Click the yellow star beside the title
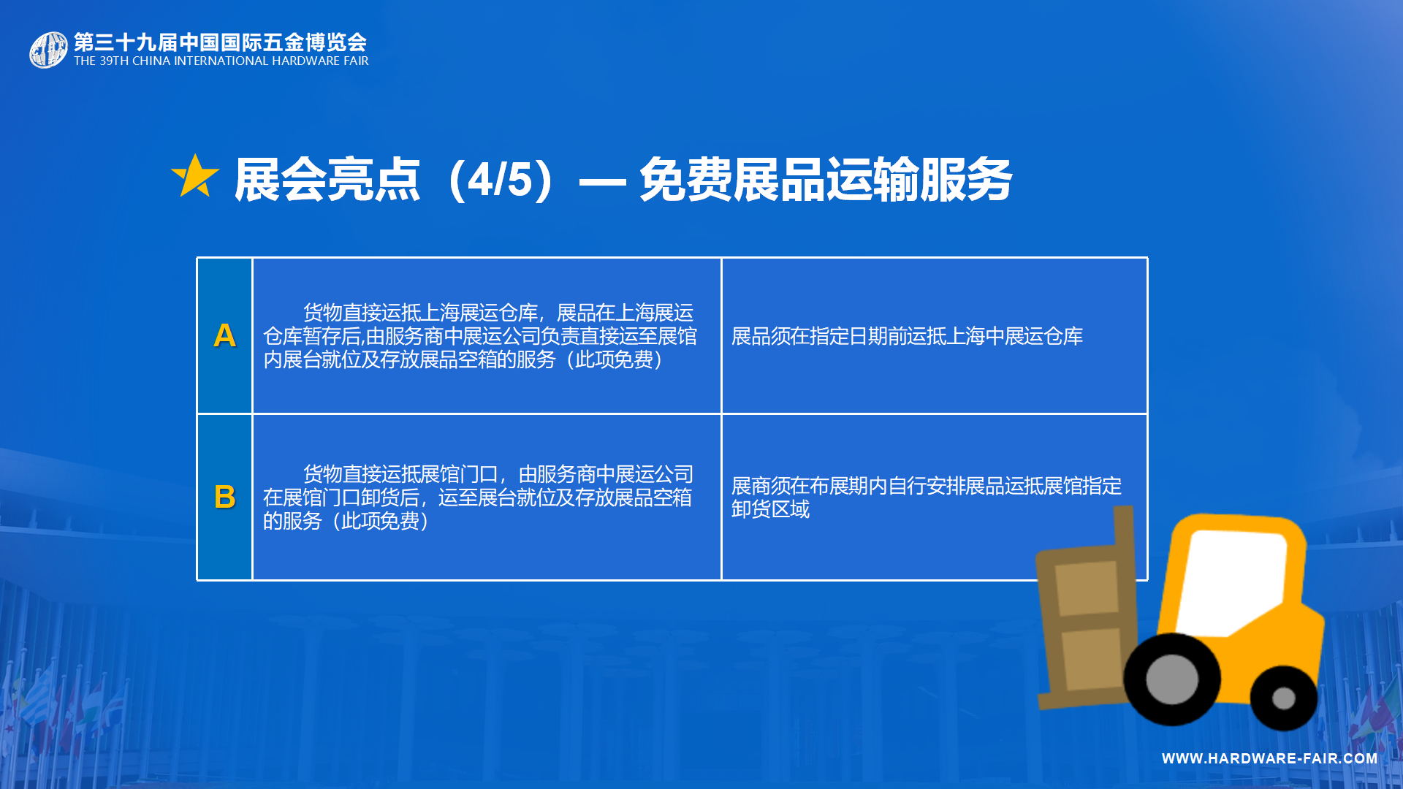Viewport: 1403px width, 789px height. pyautogui.click(x=195, y=176)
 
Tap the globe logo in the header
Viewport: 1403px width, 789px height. pyautogui.click(x=48, y=50)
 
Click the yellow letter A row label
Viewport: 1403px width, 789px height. pyautogui.click(x=225, y=335)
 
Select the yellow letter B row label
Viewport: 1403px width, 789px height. pyautogui.click(x=225, y=497)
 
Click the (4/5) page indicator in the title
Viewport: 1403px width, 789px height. pyautogui.click(x=502, y=180)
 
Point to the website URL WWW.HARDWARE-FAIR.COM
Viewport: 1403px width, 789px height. pyautogui.click(x=1269, y=758)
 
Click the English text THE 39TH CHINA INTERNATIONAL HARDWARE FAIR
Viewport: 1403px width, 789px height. pyautogui.click(x=221, y=61)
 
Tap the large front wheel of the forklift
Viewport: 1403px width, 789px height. pyautogui.click(x=1171, y=679)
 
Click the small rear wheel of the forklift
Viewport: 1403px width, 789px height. pyautogui.click(x=1283, y=698)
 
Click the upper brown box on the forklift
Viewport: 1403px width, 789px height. pyautogui.click(x=1087, y=588)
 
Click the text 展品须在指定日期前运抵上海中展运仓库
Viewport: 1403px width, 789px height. pyautogui.click(x=907, y=336)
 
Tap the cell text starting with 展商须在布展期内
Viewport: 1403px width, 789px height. pyautogui.click(x=927, y=498)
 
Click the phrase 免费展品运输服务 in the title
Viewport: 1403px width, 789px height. pyautogui.click(x=826, y=180)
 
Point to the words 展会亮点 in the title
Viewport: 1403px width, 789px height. pyautogui.click(x=327, y=180)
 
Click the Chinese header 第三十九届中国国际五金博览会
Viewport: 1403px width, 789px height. pyautogui.click(x=220, y=42)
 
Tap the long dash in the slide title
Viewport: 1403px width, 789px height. pyautogui.click(x=602, y=181)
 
